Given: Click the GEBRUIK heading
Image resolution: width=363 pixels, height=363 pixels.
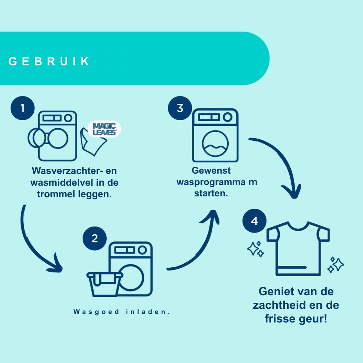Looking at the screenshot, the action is click(x=49, y=61).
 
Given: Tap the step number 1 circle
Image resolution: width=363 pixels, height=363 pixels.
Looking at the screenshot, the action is click(x=22, y=108).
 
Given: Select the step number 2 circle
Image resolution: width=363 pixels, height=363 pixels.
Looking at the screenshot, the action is click(x=95, y=238).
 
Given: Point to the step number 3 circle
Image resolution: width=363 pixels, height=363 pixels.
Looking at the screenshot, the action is click(x=180, y=108).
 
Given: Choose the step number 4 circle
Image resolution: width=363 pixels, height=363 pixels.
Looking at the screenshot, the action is click(x=255, y=221).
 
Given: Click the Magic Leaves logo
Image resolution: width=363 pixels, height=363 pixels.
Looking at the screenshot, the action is click(x=105, y=129).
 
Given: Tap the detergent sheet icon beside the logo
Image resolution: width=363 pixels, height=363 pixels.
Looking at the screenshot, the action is click(x=92, y=143).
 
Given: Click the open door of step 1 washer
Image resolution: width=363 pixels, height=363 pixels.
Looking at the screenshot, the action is click(x=37, y=138).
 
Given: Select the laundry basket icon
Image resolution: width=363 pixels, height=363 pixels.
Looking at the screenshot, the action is click(x=105, y=284).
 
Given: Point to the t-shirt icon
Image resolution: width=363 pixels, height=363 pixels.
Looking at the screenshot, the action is click(x=298, y=248).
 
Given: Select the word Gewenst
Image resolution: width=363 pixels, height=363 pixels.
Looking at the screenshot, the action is click(x=211, y=171).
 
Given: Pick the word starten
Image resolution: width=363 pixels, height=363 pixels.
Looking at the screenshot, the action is click(x=211, y=193).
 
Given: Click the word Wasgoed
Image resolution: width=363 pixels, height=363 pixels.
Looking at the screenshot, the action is click(x=96, y=312).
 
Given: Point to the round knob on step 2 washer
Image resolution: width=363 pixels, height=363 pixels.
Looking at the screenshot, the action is click(x=142, y=250).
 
